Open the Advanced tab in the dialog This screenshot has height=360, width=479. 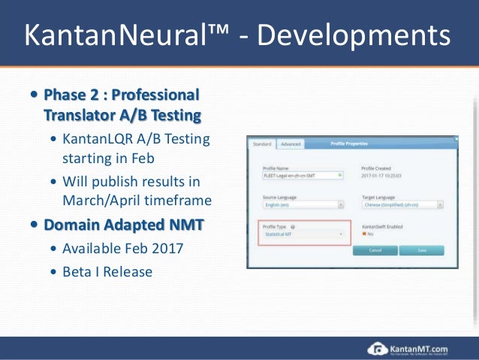(291, 143)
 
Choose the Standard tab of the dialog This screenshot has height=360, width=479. (262, 143)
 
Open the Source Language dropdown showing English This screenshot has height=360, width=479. (303, 204)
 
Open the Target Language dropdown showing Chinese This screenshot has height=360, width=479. (401, 204)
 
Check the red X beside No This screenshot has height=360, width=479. (364, 234)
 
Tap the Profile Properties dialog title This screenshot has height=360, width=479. (348, 143)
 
